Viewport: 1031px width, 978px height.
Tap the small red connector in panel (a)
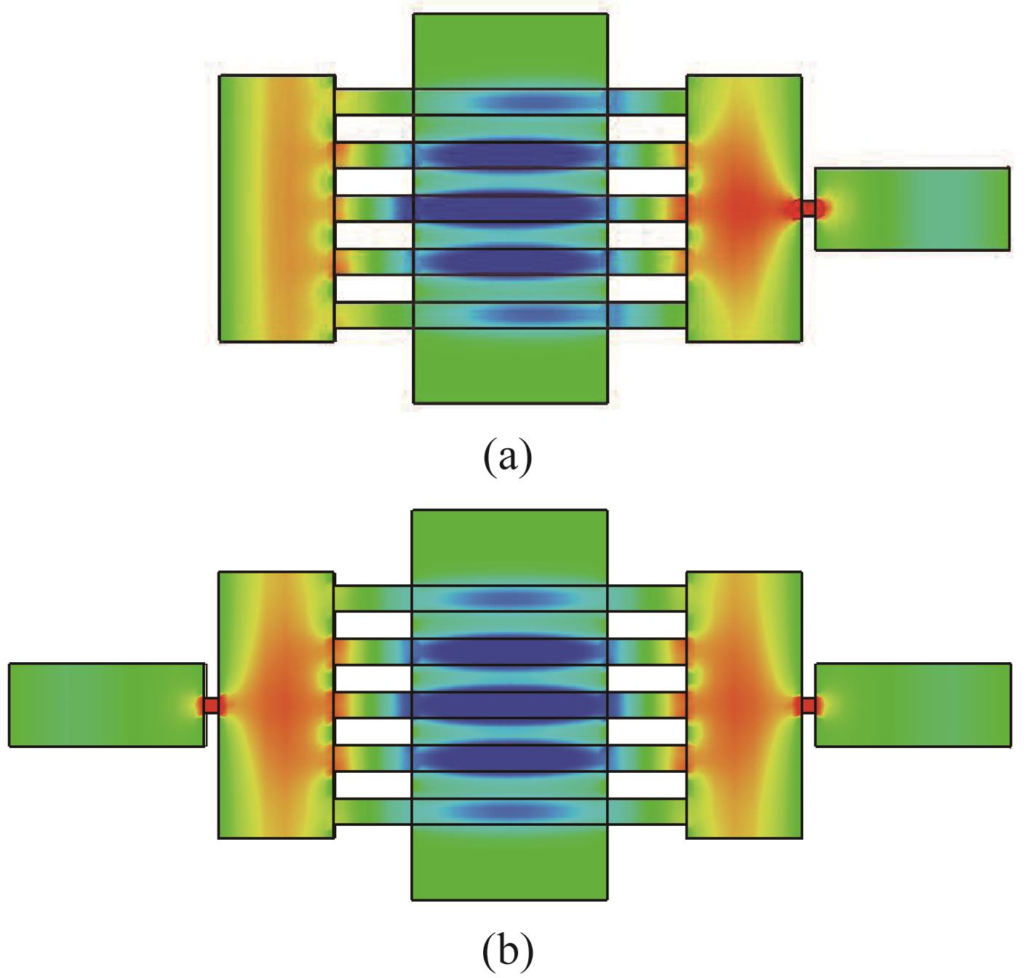[x=808, y=209]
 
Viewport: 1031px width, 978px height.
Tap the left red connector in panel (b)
[x=211, y=705]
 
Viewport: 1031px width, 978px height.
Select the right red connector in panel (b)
[x=808, y=705]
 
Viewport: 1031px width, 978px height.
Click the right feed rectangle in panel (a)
[x=912, y=209]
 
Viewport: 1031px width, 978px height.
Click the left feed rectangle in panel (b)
[x=106, y=704]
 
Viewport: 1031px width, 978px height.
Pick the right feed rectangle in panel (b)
[x=912, y=704]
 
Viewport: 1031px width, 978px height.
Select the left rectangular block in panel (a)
[x=276, y=208]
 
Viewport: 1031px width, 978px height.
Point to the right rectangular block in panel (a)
[x=744, y=208]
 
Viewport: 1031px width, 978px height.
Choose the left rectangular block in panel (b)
[x=276, y=704]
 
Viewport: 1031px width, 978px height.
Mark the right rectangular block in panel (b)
[x=744, y=704]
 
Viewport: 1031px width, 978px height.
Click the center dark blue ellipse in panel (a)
[x=509, y=209]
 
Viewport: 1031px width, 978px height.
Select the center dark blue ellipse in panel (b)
[x=509, y=705]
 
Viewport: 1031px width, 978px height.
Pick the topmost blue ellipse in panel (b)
[x=509, y=598]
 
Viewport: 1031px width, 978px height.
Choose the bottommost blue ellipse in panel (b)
[x=509, y=811]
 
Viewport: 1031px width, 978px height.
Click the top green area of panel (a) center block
[x=510, y=51]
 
